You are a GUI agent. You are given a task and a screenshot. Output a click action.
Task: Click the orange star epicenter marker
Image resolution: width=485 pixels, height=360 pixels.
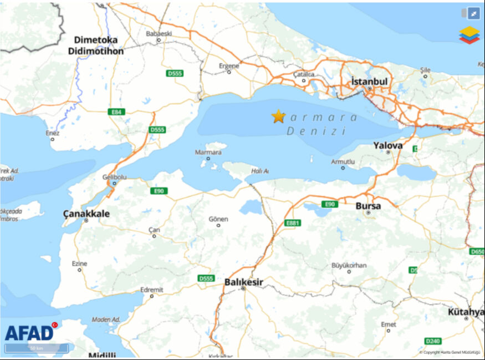278,116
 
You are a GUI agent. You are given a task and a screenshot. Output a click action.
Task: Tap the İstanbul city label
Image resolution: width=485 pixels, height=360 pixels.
369,82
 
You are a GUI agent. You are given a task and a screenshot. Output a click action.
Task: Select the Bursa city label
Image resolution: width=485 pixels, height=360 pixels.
368,206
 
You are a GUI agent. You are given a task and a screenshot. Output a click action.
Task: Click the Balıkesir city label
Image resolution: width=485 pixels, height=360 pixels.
243,282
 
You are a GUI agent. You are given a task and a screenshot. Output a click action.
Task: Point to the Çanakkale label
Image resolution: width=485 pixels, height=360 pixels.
86,214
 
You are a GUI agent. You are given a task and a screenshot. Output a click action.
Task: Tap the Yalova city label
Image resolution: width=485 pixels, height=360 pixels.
387,145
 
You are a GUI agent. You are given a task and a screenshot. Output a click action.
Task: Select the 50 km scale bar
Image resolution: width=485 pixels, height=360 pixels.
37,348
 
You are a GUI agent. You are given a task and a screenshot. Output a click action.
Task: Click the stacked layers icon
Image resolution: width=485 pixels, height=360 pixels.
469,34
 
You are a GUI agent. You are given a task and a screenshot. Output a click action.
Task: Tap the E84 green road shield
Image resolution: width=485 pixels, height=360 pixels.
116,112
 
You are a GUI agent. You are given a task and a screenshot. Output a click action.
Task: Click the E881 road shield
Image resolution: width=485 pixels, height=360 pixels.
293,223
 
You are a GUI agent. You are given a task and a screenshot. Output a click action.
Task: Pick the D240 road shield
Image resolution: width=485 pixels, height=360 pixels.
433,341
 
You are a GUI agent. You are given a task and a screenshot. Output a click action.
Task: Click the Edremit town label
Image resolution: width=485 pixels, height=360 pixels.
151,289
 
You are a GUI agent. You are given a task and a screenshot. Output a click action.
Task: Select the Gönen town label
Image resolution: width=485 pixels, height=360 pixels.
218,219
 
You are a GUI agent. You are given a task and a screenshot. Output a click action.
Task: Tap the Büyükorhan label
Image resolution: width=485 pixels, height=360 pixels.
349,265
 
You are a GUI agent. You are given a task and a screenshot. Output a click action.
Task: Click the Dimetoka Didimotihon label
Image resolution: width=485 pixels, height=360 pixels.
96,45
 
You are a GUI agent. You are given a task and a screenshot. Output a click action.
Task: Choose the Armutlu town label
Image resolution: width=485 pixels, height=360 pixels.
342,161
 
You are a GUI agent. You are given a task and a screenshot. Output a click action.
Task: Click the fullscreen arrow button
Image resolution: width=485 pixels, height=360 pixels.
474,13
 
